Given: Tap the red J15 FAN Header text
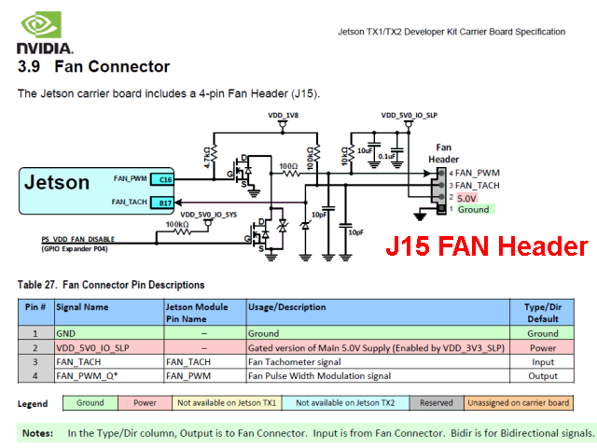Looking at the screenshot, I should [x=487, y=246].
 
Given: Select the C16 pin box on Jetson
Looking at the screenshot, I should [x=165, y=177].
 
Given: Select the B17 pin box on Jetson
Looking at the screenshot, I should [x=165, y=202].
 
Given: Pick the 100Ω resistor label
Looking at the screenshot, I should [x=290, y=166].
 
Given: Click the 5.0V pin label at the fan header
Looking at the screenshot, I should [x=466, y=198].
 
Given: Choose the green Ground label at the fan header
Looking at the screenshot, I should [x=474, y=210].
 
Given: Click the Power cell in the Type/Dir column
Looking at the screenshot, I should [x=543, y=347].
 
